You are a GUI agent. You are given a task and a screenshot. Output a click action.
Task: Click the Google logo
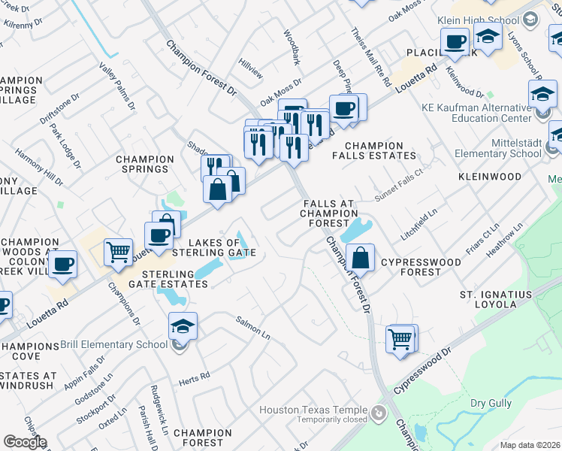(x=25, y=442)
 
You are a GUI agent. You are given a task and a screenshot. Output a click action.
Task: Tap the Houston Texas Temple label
(x=314, y=410)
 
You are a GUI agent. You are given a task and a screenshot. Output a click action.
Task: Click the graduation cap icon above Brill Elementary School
(x=183, y=326)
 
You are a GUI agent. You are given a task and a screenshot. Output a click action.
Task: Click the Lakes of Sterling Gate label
(x=222, y=247)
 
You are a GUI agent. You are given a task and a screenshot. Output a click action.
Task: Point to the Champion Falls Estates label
(x=379, y=150)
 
